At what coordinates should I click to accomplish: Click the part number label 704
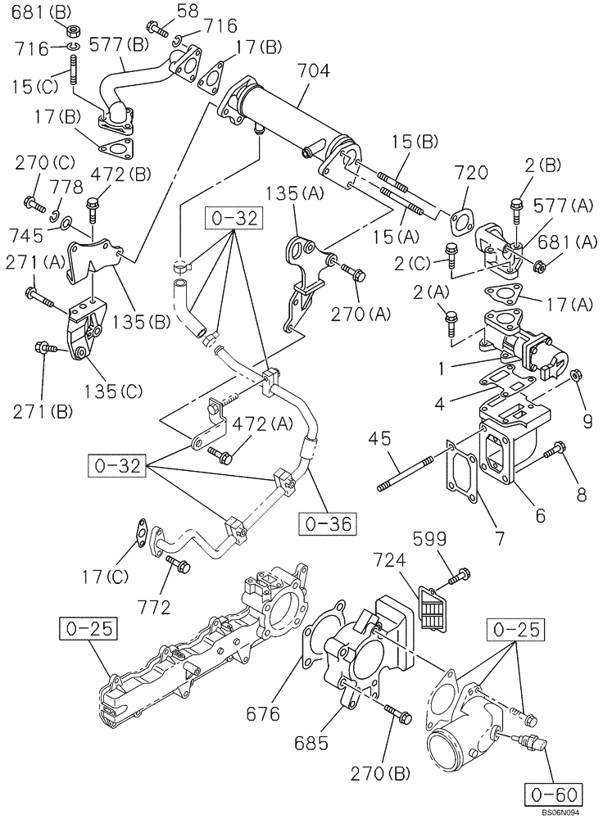coord(314,71)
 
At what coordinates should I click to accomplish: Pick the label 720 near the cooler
coord(471,173)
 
